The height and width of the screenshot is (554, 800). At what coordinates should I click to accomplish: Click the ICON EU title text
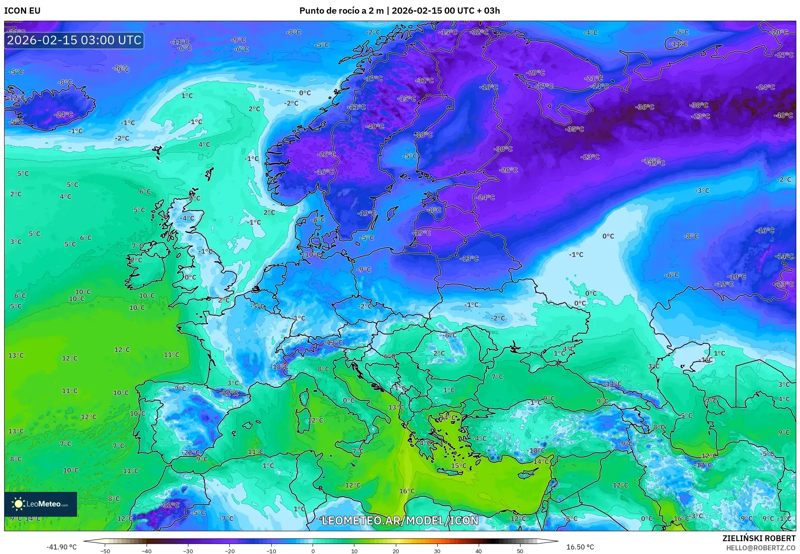pos(22,11)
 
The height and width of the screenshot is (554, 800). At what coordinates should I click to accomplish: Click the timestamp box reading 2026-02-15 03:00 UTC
pos(74,40)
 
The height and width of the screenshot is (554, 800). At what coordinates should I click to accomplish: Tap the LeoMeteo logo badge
pos(41,504)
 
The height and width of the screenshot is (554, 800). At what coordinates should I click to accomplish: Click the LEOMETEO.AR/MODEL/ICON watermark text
pos(400,520)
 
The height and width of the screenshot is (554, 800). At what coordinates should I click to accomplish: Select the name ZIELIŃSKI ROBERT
pos(759,538)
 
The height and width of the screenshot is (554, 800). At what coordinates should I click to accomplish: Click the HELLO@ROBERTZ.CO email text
pos(760,548)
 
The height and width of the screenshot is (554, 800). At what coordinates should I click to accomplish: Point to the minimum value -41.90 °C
pos(61,547)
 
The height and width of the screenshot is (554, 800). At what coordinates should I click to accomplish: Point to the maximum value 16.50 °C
pos(580,547)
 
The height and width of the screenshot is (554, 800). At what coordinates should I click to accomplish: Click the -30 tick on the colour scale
pos(188,551)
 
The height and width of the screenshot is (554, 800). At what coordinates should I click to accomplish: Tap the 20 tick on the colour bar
pos(395,551)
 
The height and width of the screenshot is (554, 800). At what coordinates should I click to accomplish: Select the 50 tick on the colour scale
pos(520,551)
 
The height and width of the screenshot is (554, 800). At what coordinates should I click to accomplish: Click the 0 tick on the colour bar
pos(313,551)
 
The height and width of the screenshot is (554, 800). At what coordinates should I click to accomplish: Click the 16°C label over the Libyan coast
pos(407,491)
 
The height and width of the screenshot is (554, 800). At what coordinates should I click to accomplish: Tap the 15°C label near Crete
pos(458,465)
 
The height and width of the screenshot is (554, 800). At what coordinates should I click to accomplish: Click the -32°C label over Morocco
pos(170,505)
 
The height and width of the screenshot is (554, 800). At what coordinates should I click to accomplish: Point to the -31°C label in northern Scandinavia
pos(424,80)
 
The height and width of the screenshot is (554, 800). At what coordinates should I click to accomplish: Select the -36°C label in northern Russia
pos(645,107)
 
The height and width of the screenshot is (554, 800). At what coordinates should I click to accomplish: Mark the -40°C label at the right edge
pos(783,116)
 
